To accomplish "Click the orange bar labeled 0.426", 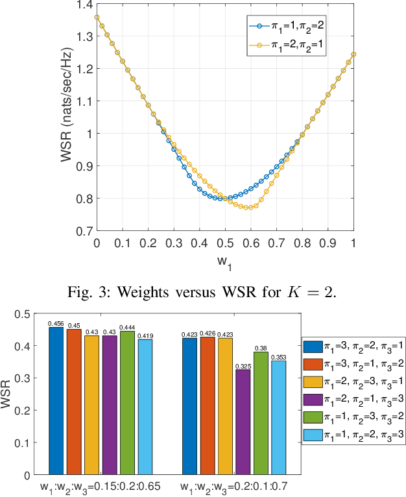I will coord(208,406).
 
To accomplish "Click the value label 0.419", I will coord(145,335).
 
